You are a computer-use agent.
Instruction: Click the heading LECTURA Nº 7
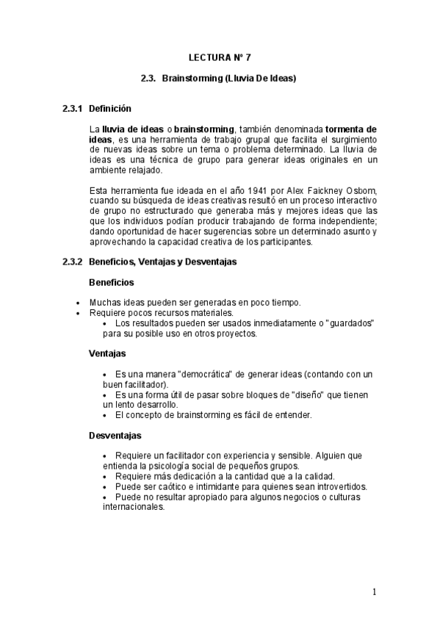pos(220,56)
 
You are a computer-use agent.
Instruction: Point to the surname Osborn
pos(359,192)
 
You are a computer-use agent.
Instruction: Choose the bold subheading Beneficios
pos(111,282)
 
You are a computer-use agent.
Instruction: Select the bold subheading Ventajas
pos(107,353)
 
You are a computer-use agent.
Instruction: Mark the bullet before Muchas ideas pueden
pos(79,302)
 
